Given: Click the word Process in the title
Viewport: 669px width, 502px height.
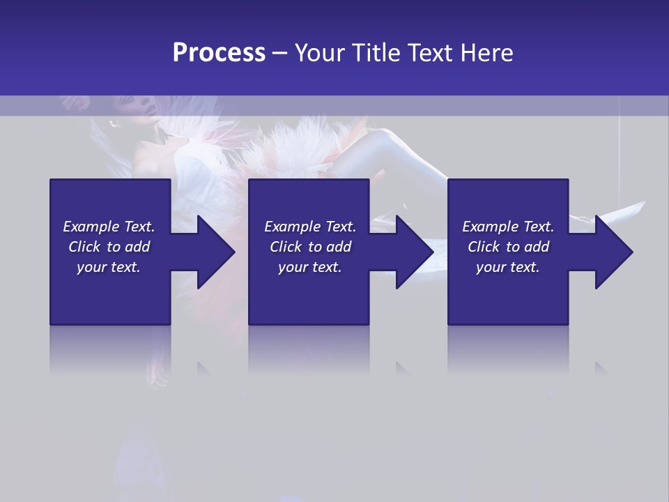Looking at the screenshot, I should pos(219,53).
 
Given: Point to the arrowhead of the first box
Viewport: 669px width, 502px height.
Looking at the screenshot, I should pos(216,252).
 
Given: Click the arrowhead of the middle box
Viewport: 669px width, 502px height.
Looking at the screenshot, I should pos(415,252).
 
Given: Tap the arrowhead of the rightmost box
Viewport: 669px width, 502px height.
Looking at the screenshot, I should pos(614,252).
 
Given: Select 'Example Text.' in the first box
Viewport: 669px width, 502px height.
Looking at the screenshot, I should pos(109,227).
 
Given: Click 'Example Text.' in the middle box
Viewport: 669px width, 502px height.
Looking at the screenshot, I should pos(310,227).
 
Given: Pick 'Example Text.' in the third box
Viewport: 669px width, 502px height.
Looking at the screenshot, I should pos(508,227).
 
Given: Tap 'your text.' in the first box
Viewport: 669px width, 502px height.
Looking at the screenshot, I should pos(109,267).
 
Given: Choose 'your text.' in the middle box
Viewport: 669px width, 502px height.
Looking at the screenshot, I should pos(310,267).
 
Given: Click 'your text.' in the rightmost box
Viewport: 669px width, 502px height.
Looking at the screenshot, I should pos(508,267).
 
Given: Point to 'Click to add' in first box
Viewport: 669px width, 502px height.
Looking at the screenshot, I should pos(109,247).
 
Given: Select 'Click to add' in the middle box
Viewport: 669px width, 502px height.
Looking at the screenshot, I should pos(310,247).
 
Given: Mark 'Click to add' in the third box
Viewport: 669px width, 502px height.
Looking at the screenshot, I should pos(508,247).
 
